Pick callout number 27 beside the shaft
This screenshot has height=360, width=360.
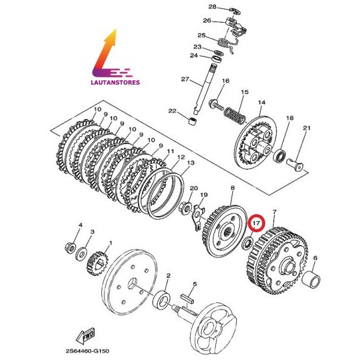pos(185,79)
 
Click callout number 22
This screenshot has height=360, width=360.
pos(172,111)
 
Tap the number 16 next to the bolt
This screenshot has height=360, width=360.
pos(226,82)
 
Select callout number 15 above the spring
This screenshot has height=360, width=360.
pos(244,92)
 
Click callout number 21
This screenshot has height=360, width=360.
pos(306,128)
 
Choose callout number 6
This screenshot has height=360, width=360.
pos(316,259)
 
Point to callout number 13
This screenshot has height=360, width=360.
pos(190,163)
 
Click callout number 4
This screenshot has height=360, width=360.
pos(80,226)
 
